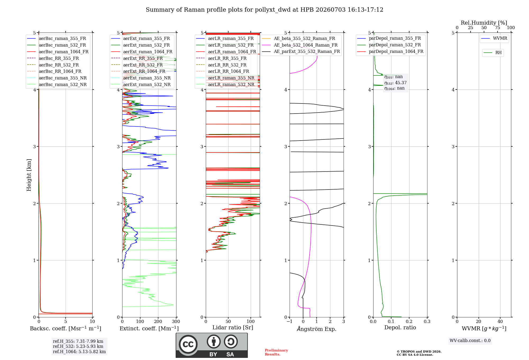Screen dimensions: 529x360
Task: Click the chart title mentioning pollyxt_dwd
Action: tap(264, 10)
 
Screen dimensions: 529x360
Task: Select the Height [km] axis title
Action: tap(29, 175)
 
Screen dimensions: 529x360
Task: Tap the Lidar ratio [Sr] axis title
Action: tap(233, 327)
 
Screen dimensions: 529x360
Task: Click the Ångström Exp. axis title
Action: tap(317, 329)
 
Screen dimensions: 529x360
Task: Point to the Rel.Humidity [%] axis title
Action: tap(484, 23)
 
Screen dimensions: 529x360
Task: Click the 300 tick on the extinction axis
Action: tap(176, 321)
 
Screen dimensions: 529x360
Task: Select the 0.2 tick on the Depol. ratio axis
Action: tap(409, 321)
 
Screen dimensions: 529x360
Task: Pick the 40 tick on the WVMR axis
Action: tap(500, 321)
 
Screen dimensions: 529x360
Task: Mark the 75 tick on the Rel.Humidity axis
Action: tap(498, 28)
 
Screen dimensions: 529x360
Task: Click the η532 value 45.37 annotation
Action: tap(395, 83)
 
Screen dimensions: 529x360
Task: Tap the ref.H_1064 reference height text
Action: tap(79, 352)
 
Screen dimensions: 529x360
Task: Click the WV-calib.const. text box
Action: tap(470, 341)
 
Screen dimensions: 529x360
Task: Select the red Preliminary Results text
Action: tap(276, 352)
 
